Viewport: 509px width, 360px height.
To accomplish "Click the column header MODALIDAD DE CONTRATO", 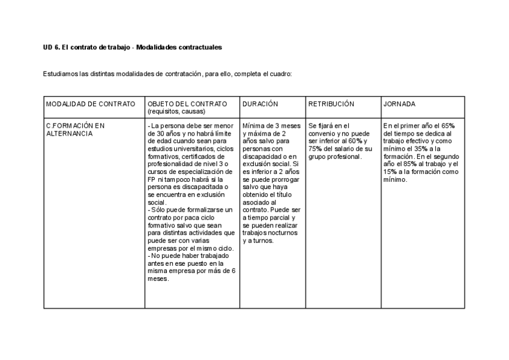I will [x=91, y=104].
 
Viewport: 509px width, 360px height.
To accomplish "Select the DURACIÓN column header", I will [x=260, y=104].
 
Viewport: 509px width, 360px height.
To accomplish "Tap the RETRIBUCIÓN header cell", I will [x=331, y=104].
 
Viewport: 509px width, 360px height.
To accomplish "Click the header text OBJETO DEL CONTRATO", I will [x=187, y=104].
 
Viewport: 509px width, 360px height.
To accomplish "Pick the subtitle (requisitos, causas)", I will [x=176, y=112].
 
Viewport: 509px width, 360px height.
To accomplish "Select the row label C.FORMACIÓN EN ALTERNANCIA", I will [x=75, y=130].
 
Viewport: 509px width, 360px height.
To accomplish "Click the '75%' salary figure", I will [x=316, y=149].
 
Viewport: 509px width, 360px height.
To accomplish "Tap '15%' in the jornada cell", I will [x=391, y=172].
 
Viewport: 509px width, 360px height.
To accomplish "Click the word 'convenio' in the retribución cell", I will [x=322, y=134].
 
